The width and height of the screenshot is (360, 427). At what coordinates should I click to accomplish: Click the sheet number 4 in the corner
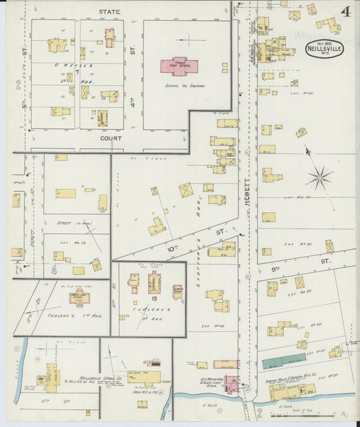tap(344, 11)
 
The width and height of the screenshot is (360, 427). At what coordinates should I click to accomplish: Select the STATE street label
tap(109, 12)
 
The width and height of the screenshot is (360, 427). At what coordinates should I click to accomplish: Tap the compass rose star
tap(319, 178)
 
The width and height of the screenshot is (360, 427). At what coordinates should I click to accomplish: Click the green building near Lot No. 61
tap(284, 361)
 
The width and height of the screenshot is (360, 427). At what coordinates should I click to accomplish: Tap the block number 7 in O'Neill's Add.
tap(78, 71)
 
